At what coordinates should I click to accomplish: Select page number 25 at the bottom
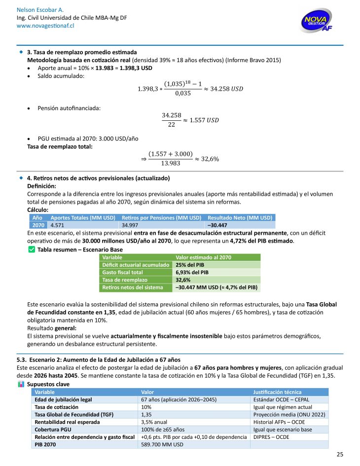340,454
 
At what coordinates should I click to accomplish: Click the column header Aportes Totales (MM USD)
82,217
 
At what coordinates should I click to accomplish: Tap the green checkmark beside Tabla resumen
32,250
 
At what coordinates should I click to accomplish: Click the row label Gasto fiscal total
122,272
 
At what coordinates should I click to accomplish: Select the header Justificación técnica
277,392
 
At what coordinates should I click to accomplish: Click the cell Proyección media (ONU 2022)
289,415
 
